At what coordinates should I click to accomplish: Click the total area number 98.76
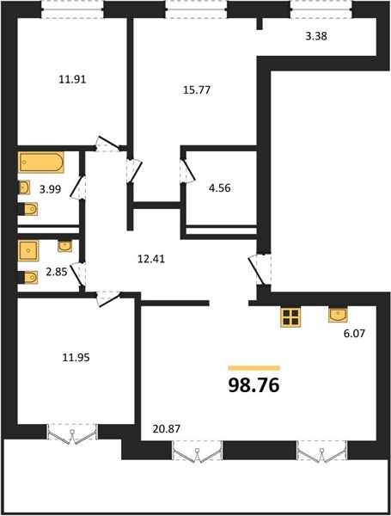pyautogui.click(x=254, y=385)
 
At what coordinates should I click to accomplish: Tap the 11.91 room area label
pyautogui.click(x=72, y=80)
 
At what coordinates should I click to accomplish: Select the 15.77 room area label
pyautogui.click(x=196, y=89)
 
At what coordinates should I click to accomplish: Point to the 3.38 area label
pyautogui.click(x=316, y=36)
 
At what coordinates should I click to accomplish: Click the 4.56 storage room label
pyautogui.click(x=220, y=188)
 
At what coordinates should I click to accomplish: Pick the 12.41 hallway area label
pyautogui.click(x=151, y=259)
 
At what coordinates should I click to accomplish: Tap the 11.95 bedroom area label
pyautogui.click(x=76, y=357)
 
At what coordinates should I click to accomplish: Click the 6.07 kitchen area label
pyautogui.click(x=355, y=334)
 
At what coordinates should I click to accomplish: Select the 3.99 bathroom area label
pyautogui.click(x=50, y=189)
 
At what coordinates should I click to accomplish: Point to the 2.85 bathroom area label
pyautogui.click(x=56, y=272)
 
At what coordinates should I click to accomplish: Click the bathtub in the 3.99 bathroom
pyautogui.click(x=41, y=163)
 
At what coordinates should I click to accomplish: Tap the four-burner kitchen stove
pyautogui.click(x=290, y=317)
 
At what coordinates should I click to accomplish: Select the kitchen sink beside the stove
pyautogui.click(x=338, y=315)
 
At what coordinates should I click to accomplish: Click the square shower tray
pyautogui.click(x=28, y=251)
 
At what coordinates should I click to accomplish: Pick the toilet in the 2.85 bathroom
pyautogui.click(x=28, y=277)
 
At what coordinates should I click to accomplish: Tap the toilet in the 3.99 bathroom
pyautogui.click(x=28, y=209)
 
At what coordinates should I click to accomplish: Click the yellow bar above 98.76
pyautogui.click(x=254, y=368)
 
